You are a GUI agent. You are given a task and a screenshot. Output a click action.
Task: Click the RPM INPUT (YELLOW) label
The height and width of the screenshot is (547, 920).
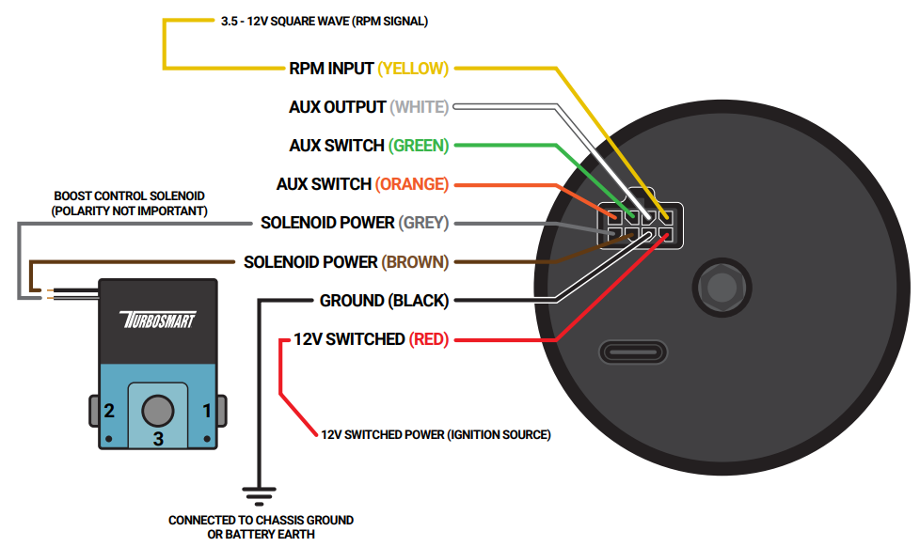point(369,69)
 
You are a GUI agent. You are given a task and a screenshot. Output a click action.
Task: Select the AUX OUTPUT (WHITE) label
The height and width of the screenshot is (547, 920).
point(368,107)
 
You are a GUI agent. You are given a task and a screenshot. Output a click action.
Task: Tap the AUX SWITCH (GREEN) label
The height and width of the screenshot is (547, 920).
point(369,146)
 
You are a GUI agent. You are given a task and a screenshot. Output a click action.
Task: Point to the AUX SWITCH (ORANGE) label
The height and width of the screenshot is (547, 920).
point(362,184)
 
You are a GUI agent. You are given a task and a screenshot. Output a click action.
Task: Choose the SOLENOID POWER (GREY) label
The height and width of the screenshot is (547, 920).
point(355,223)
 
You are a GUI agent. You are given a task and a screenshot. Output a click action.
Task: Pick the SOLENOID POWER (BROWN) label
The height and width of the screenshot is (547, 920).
point(346,261)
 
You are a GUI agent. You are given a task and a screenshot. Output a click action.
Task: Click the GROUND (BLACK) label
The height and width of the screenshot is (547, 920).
point(384,301)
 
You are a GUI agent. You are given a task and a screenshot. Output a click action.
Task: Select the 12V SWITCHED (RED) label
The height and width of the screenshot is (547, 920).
point(371,339)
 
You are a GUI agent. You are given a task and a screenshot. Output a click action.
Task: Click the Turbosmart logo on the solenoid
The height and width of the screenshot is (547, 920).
point(158,320)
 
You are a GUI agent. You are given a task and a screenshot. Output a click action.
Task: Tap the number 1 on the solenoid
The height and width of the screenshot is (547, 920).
point(207,411)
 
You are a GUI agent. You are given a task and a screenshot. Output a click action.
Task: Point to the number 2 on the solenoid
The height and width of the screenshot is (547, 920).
point(110,411)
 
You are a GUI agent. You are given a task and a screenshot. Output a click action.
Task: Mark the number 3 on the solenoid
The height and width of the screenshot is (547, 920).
point(158,438)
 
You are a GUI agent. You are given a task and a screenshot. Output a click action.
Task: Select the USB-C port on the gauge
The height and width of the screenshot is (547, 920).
point(634,353)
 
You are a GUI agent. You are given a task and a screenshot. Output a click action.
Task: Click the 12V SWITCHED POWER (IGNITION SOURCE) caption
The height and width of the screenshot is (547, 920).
point(436,435)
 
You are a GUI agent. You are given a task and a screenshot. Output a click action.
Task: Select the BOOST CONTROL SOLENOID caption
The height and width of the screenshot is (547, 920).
point(130,203)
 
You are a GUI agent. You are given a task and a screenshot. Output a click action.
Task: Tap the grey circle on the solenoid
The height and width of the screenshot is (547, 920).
point(158,410)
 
